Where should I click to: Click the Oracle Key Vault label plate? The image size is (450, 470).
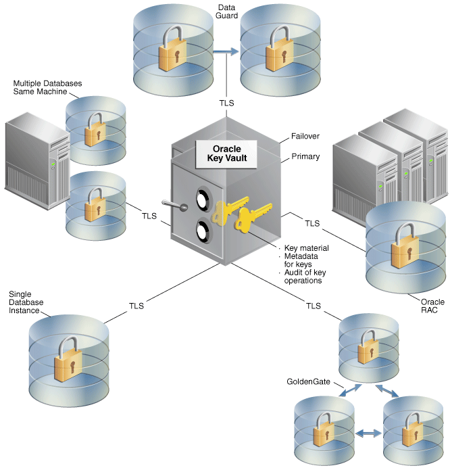tap(226, 154)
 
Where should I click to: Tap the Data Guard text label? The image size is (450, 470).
tap(226, 11)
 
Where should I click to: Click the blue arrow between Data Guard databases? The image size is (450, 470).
tap(226, 51)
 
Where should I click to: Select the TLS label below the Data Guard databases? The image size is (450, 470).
tap(226, 103)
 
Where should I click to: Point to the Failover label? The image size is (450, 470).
tap(305, 136)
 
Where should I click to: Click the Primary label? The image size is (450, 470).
tap(305, 156)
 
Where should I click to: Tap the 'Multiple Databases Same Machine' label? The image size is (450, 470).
tap(47, 87)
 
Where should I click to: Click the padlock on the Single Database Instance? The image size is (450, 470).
tap(68, 359)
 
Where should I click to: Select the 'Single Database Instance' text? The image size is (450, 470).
tap(26, 302)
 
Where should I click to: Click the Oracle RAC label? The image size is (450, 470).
tap(432, 306)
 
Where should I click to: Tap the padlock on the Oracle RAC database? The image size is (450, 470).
tap(405, 245)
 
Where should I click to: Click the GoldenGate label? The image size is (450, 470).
tap(308, 381)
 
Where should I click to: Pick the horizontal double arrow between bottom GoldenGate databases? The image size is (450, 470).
tap(368, 433)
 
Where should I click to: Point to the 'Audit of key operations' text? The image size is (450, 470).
tap(305, 277)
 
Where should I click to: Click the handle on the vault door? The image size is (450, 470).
tap(175, 205)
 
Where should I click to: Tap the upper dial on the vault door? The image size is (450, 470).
tap(203, 199)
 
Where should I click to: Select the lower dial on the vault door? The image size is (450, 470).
tap(203, 231)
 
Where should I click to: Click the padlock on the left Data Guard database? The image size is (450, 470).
tap(172, 49)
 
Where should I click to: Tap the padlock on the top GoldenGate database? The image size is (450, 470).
tap(368, 347)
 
